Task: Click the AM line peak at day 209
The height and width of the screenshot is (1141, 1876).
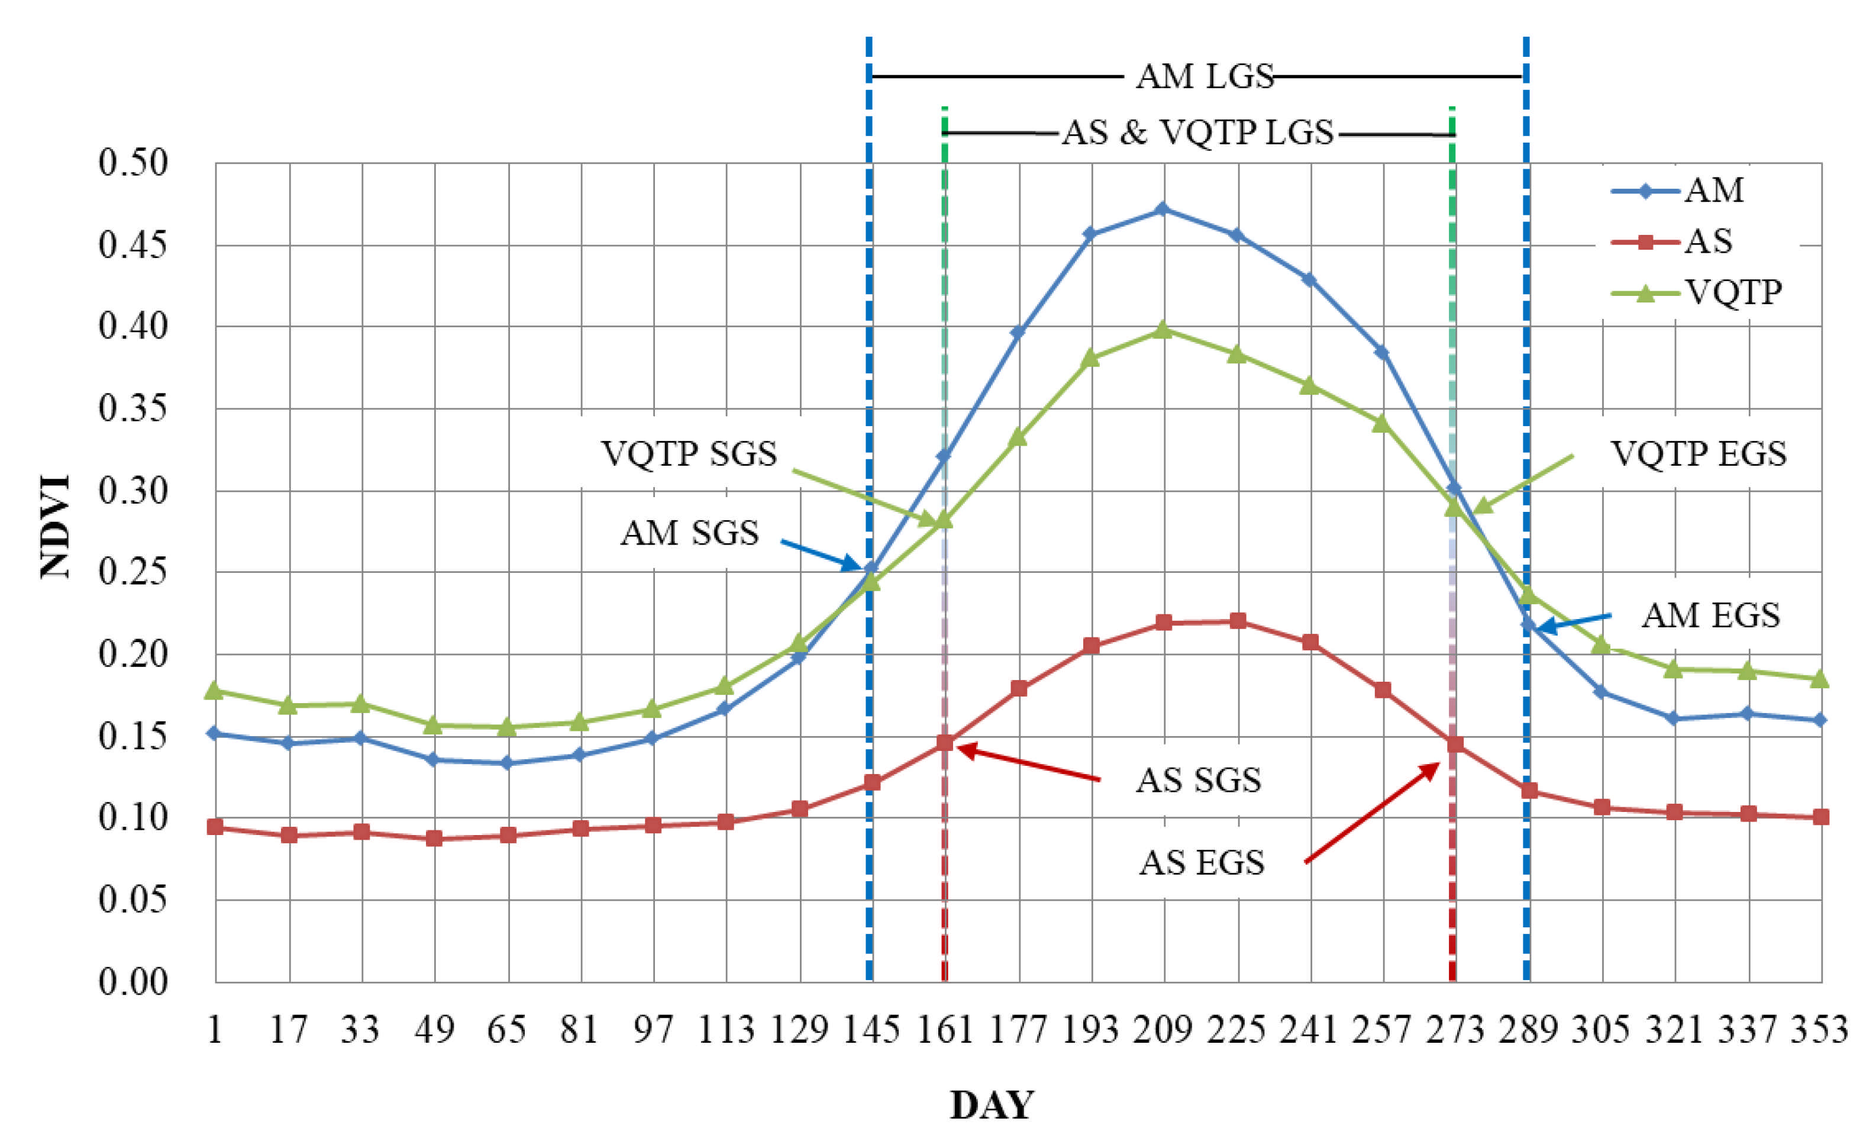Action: coord(1162,209)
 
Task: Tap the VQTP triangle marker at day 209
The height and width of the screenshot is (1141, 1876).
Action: coord(1163,330)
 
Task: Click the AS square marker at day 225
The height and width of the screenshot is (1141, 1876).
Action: coord(1238,621)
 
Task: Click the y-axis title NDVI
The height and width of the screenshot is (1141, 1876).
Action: coord(56,526)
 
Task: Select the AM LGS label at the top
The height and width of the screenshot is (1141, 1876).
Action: coord(1205,76)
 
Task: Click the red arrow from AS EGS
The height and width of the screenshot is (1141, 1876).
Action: coord(1370,813)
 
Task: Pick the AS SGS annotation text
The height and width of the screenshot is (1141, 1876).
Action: coord(1199,781)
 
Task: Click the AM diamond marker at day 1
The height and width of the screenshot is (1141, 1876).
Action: coord(215,733)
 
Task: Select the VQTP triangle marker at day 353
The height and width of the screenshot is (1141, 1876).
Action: coord(1820,678)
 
